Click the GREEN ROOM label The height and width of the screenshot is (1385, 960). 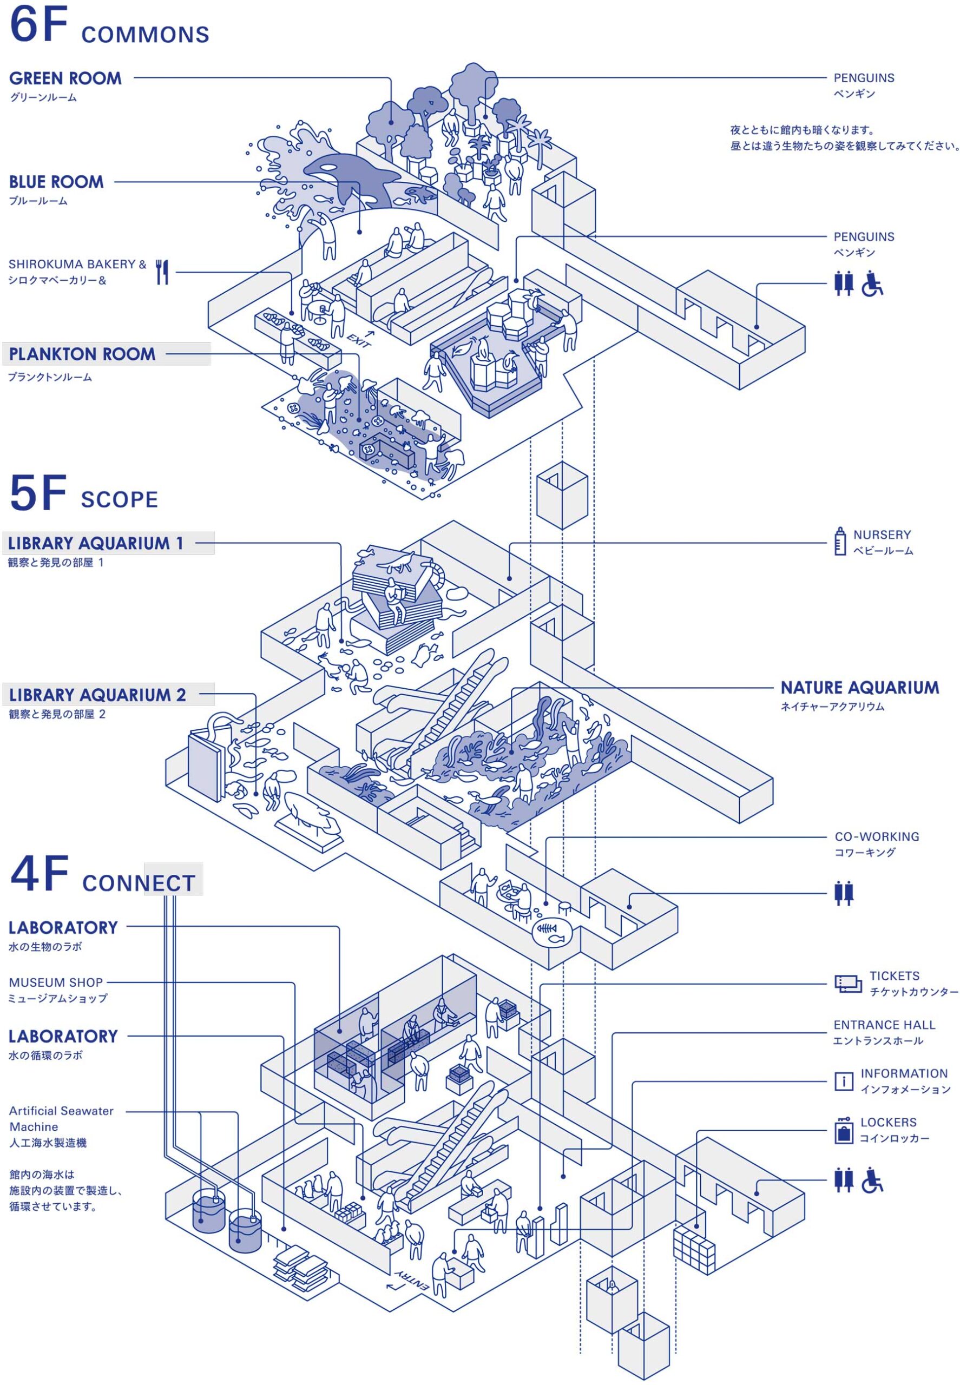point(65,79)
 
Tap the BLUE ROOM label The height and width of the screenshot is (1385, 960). point(56,182)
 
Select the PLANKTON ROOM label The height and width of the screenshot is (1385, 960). point(82,354)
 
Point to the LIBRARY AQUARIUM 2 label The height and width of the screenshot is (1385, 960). point(97,695)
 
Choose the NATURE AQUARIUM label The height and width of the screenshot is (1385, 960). point(859,688)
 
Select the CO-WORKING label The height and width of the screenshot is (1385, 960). point(876,836)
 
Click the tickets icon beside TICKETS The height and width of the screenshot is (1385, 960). point(848,984)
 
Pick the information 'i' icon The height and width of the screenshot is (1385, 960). point(843,1082)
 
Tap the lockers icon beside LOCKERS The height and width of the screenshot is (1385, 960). point(844,1131)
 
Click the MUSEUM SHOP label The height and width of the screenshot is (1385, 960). point(56,982)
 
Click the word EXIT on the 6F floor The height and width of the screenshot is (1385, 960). point(358,340)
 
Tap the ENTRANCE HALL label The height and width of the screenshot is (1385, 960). point(884,1025)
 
